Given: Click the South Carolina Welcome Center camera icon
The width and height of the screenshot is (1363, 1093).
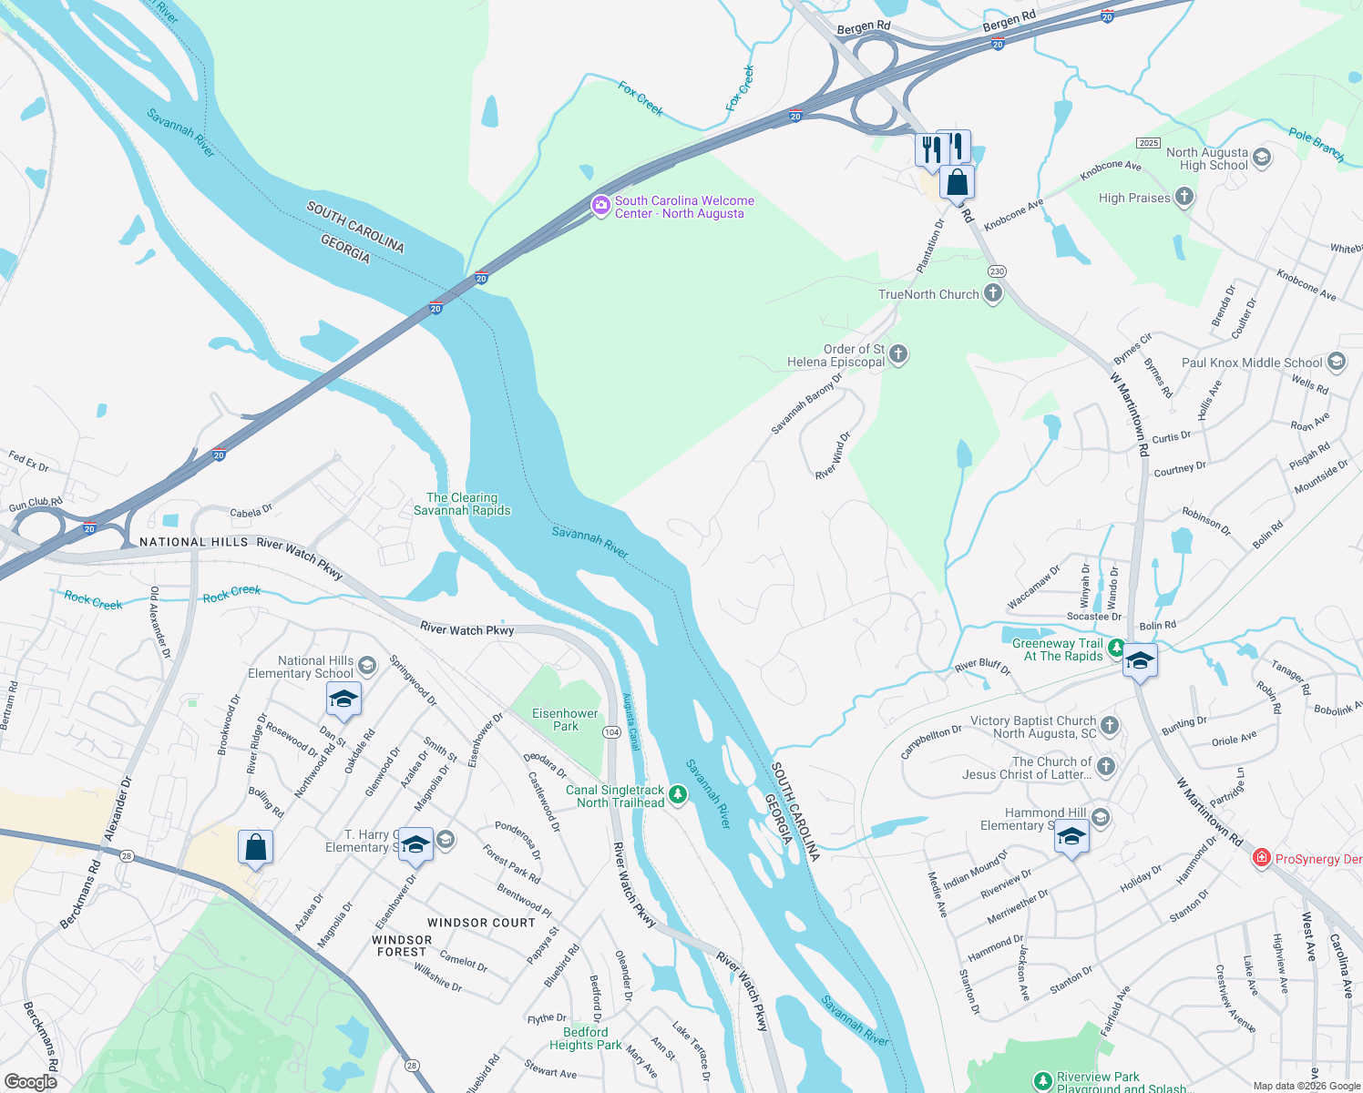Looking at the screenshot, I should click(x=600, y=205).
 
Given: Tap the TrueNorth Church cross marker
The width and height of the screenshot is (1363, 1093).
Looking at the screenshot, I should click(x=993, y=293).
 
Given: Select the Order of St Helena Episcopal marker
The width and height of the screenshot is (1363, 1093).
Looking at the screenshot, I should click(x=898, y=354).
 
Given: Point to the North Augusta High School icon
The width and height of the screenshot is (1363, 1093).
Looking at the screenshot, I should click(x=1262, y=158).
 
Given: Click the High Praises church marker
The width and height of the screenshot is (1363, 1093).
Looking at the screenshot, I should click(x=1184, y=197).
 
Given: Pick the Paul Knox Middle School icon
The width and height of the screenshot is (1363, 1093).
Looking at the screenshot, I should click(x=1337, y=362).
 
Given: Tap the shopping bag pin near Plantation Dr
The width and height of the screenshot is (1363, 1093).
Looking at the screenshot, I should click(x=958, y=182).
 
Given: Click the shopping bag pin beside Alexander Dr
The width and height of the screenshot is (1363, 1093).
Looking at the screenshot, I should click(x=256, y=847).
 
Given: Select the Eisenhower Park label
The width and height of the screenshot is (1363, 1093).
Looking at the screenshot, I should click(x=565, y=720).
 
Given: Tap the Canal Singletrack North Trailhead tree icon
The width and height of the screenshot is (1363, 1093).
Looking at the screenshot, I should click(x=677, y=795).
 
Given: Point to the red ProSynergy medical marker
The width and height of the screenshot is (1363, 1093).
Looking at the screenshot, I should click(x=1261, y=858).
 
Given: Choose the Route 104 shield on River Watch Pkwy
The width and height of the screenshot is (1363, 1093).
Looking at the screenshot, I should click(x=612, y=732).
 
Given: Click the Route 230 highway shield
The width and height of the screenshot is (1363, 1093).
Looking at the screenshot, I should click(x=997, y=271).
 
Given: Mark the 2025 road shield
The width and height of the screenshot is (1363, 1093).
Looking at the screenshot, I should click(x=1148, y=143).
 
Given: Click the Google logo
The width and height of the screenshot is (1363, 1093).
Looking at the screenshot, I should click(x=31, y=1081).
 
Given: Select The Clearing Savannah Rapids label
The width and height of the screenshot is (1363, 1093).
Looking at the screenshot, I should click(x=462, y=504).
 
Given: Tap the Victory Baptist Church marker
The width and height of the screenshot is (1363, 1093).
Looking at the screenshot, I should click(x=1109, y=726).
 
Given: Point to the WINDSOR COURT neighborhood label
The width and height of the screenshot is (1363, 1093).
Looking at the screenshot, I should click(x=481, y=923).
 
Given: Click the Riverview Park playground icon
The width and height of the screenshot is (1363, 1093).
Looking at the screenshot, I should click(x=1042, y=1081).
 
